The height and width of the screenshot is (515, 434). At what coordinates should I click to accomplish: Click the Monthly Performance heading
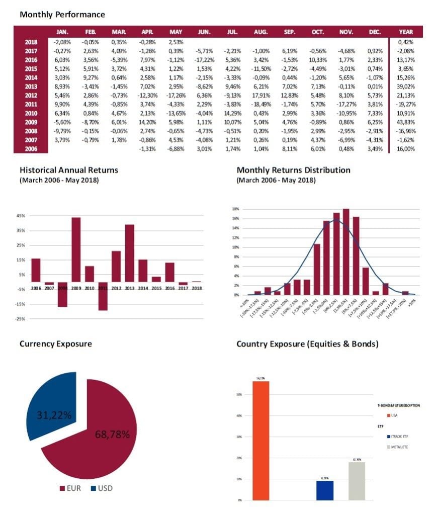coord(62,15)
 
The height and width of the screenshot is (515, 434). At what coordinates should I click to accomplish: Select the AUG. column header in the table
coord(261,32)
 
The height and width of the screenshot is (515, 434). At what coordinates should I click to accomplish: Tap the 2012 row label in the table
coord(31,96)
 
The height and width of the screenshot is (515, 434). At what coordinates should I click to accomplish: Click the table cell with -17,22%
coord(204,59)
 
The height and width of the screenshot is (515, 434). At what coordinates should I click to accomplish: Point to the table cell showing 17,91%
coord(261,96)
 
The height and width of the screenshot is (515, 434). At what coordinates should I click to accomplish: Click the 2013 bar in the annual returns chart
coord(130,253)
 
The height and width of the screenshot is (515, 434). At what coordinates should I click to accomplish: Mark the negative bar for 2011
coord(103,296)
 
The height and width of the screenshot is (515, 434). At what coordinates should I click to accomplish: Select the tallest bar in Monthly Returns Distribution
coord(346,251)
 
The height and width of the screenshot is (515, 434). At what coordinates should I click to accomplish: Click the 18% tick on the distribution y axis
coord(235,209)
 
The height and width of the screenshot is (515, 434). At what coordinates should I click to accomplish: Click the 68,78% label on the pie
coord(112,435)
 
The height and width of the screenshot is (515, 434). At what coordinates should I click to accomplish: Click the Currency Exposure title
coord(55,344)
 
